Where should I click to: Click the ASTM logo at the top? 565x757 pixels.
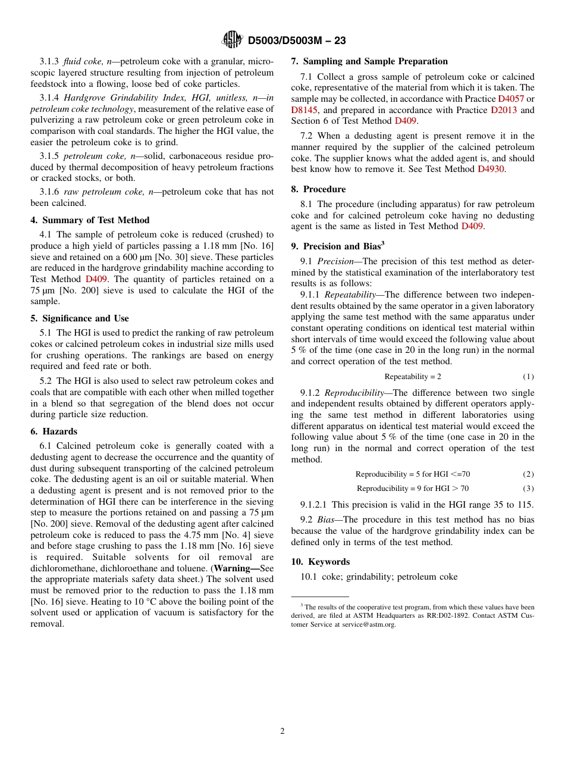[231, 40]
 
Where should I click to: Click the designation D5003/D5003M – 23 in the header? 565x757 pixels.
[296, 40]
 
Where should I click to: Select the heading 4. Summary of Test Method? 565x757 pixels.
[90, 220]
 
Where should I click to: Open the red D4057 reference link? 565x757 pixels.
[510, 99]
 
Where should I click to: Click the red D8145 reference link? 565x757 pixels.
[304, 110]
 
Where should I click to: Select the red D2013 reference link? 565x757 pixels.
[503, 110]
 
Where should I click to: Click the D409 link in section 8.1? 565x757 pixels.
[472, 226]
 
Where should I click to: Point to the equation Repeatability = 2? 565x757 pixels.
[412, 377]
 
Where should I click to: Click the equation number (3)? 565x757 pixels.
[528, 489]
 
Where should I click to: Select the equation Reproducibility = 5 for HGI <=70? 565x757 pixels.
[412, 474]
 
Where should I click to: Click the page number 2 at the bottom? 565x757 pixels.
[282, 731]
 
